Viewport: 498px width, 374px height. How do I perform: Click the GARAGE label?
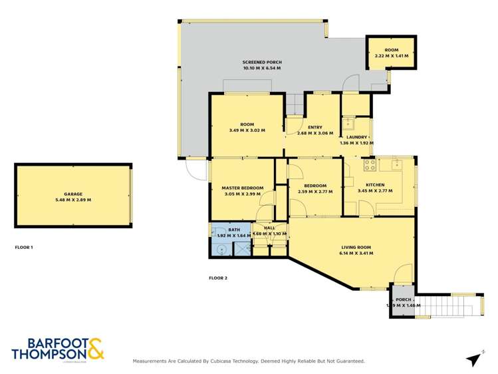point(73,194)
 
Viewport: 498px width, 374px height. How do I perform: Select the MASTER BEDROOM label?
point(242,188)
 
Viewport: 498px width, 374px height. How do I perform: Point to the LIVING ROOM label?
point(356,247)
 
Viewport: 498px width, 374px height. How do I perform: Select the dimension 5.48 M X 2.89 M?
point(73,200)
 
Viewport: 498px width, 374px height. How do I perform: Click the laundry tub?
point(348,122)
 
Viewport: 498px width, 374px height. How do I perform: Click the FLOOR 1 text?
point(24,247)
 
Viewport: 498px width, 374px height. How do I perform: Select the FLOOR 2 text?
point(218,278)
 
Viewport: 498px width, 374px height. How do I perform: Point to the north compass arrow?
point(473,359)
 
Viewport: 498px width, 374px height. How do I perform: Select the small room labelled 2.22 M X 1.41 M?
point(391,53)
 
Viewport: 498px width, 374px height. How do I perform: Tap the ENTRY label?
point(314,127)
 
